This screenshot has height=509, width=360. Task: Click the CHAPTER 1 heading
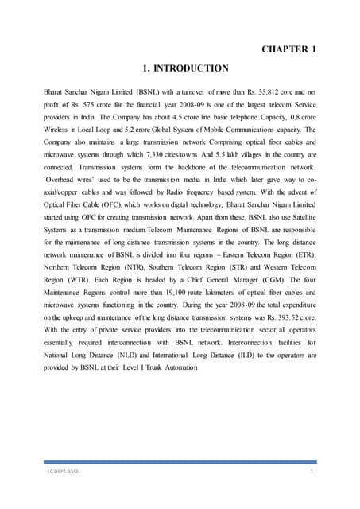[289, 49]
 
